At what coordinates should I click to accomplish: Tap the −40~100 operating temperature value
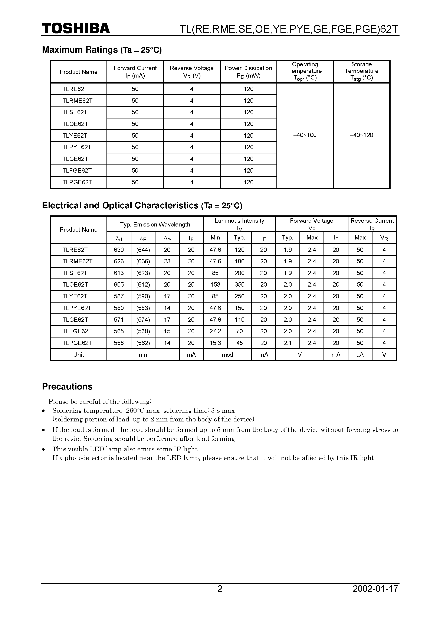[305, 135]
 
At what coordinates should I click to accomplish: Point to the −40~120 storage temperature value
[361, 135]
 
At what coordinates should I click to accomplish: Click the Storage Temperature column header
[361, 71]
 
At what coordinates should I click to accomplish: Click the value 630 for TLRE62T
[119, 250]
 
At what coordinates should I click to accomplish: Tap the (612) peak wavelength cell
[143, 285]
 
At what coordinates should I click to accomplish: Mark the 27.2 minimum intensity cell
[215, 331]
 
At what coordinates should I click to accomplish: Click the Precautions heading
[67, 386]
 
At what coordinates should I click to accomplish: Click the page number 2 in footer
[220, 596]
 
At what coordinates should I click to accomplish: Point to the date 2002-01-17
[375, 596]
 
